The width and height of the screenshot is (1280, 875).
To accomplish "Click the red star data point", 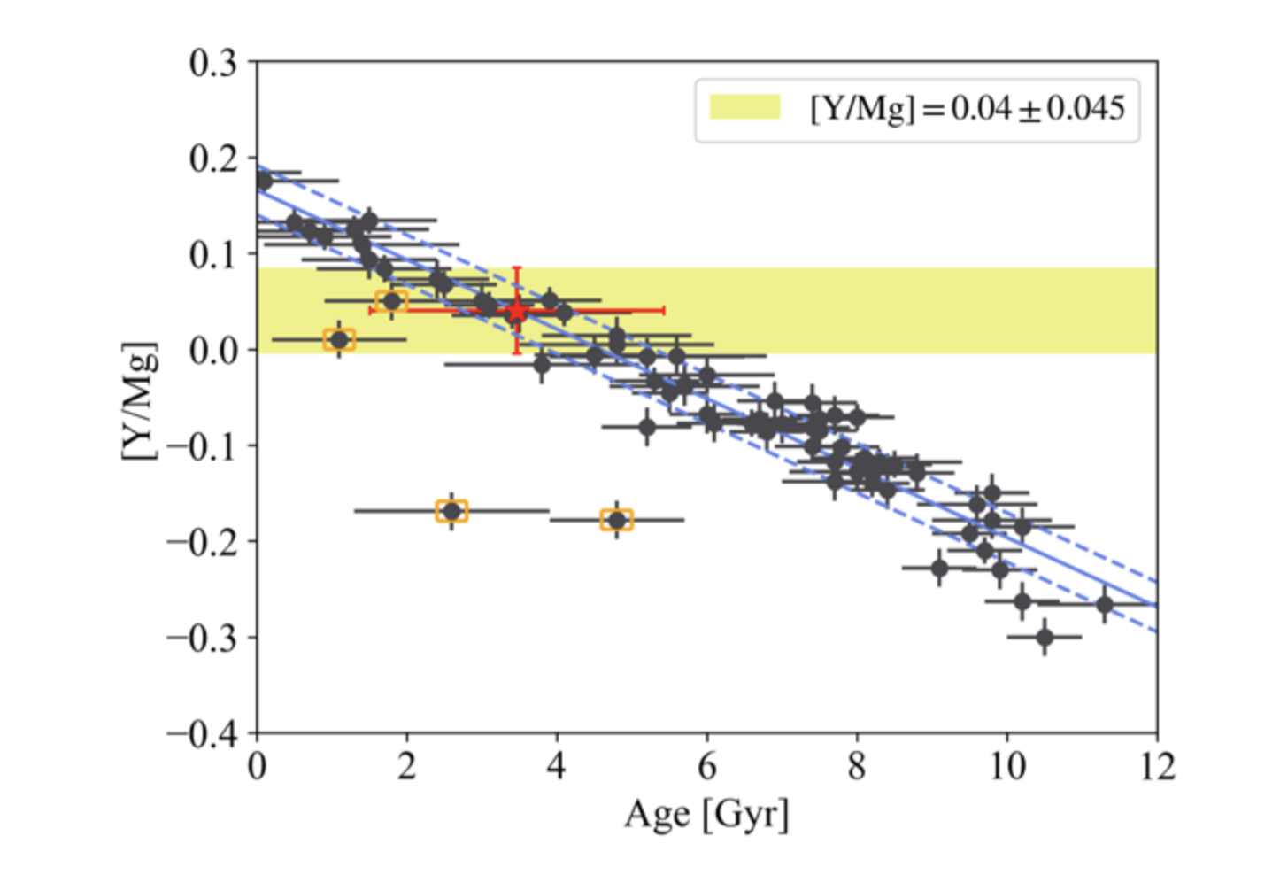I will pyautogui.click(x=517, y=311).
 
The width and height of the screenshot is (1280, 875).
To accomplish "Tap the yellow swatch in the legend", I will pyautogui.click(x=744, y=108).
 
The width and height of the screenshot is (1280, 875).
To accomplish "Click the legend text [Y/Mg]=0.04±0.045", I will pyautogui.click(x=967, y=108).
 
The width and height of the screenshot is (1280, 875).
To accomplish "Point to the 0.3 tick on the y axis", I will pyautogui.click(x=213, y=63).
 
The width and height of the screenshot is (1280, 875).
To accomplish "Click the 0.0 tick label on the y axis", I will pyautogui.click(x=213, y=350).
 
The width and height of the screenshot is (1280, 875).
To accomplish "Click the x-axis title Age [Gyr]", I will pyautogui.click(x=706, y=814).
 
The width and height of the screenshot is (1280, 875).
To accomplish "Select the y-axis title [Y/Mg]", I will pyautogui.click(x=139, y=400).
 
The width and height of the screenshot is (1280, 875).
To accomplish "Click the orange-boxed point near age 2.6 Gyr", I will pyautogui.click(x=451, y=511).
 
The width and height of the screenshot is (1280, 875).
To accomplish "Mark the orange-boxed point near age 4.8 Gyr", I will pyautogui.click(x=616, y=520).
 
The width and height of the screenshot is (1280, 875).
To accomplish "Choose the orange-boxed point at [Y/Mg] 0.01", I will pyautogui.click(x=339, y=339).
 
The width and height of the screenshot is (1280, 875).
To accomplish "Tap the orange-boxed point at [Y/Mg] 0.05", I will pyautogui.click(x=391, y=301).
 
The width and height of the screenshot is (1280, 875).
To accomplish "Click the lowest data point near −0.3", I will pyautogui.click(x=1045, y=637).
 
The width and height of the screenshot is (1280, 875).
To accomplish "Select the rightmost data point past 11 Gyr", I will pyautogui.click(x=1104, y=605).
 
